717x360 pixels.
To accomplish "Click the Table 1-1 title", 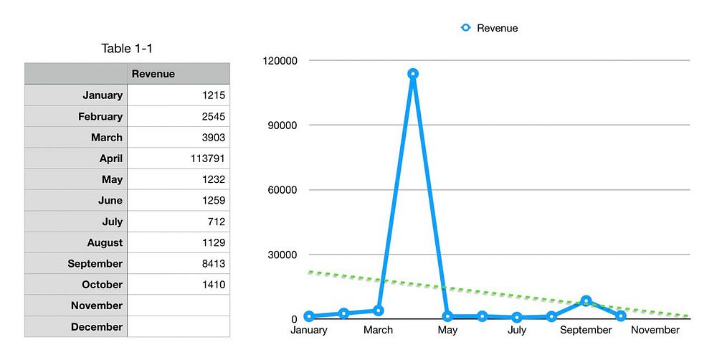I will (x=127, y=49).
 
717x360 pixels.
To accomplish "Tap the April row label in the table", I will (x=76, y=158).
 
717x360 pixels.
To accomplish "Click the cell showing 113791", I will (x=179, y=158).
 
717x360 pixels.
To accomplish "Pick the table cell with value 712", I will (x=179, y=222).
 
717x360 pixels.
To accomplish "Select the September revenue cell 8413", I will (x=179, y=264).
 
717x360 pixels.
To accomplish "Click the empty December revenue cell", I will (x=179, y=327).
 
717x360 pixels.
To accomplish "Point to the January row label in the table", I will (x=76, y=95).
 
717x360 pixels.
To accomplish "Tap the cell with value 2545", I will (x=179, y=116).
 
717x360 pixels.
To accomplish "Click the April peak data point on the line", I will (x=413, y=74).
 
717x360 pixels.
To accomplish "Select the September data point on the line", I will (x=587, y=301).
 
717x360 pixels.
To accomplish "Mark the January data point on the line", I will (x=309, y=316).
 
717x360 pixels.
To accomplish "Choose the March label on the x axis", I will (x=378, y=330).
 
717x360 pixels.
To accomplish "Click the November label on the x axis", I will (x=655, y=330).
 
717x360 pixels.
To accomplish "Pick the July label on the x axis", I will (x=517, y=330).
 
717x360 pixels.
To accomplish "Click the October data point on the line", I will (x=621, y=316).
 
